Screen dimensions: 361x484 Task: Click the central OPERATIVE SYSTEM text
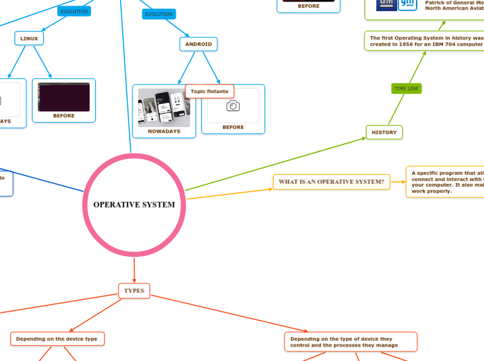tap(134, 205)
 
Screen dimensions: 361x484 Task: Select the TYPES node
tap(134, 290)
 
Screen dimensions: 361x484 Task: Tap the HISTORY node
tap(384, 132)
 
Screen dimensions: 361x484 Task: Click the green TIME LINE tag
tap(406, 89)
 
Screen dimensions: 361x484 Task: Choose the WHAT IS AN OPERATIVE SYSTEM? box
tap(331, 182)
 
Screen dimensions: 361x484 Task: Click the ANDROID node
tap(199, 44)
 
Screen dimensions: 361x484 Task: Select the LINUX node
tap(29, 38)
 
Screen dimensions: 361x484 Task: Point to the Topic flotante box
tap(210, 91)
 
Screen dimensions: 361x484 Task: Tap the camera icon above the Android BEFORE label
tap(233, 106)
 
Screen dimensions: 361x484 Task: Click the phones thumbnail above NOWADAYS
tap(164, 107)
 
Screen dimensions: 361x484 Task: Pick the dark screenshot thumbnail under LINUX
tap(64, 96)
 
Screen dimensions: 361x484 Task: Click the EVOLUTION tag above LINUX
tap(74, 12)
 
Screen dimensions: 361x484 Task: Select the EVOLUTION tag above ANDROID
tap(158, 14)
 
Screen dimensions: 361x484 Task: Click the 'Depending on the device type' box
tap(58, 339)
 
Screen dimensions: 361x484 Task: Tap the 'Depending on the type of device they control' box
tap(351, 342)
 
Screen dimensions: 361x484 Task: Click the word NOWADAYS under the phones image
tap(164, 131)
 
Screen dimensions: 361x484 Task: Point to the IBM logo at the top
tap(386, 4)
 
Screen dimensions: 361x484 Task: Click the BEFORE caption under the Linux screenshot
tap(64, 116)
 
